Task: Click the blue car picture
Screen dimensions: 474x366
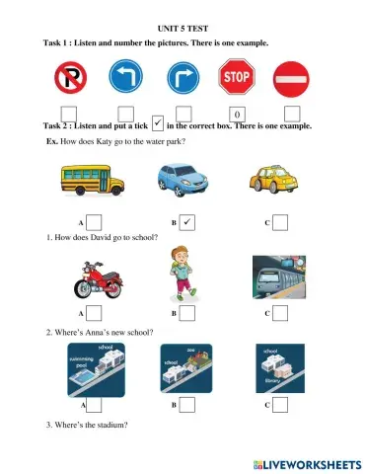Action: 183,181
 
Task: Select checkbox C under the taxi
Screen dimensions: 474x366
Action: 279,223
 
